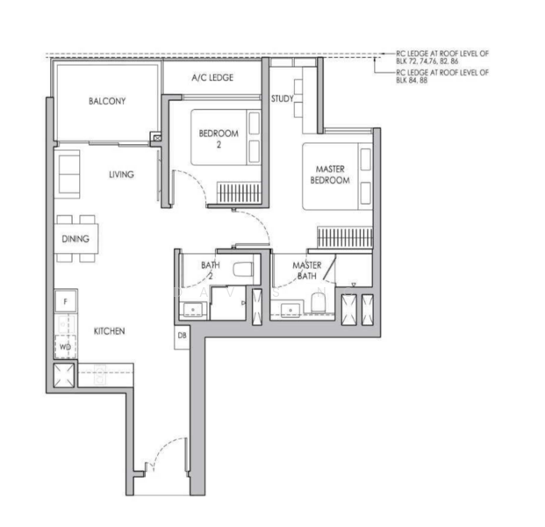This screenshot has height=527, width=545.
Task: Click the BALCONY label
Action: pos(107,101)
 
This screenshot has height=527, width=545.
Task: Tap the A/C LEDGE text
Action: pos(212,78)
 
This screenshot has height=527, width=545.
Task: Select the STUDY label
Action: pos(282,98)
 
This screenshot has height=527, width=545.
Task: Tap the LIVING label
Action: pos(121,175)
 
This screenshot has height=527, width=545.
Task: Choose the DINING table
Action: pos(76,238)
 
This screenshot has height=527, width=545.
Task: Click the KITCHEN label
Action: pos(110,331)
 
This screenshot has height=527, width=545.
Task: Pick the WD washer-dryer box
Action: pos(65,347)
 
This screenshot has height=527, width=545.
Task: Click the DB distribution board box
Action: pos(183,335)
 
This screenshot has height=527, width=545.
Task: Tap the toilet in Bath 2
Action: pos(244,267)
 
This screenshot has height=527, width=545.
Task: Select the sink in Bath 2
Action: pos(190,307)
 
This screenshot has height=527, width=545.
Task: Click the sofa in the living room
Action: pos(68,173)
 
